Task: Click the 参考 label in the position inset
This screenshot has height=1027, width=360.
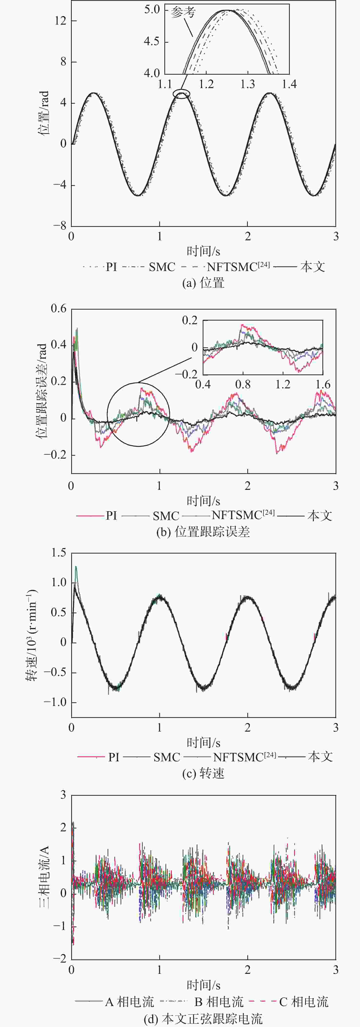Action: pyautogui.click(x=183, y=13)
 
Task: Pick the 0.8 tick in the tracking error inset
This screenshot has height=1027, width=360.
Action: pyautogui.click(x=243, y=384)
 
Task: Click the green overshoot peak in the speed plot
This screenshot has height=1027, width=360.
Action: pyautogui.click(x=76, y=567)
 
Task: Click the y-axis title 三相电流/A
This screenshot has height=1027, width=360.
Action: pyautogui.click(x=44, y=877)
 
